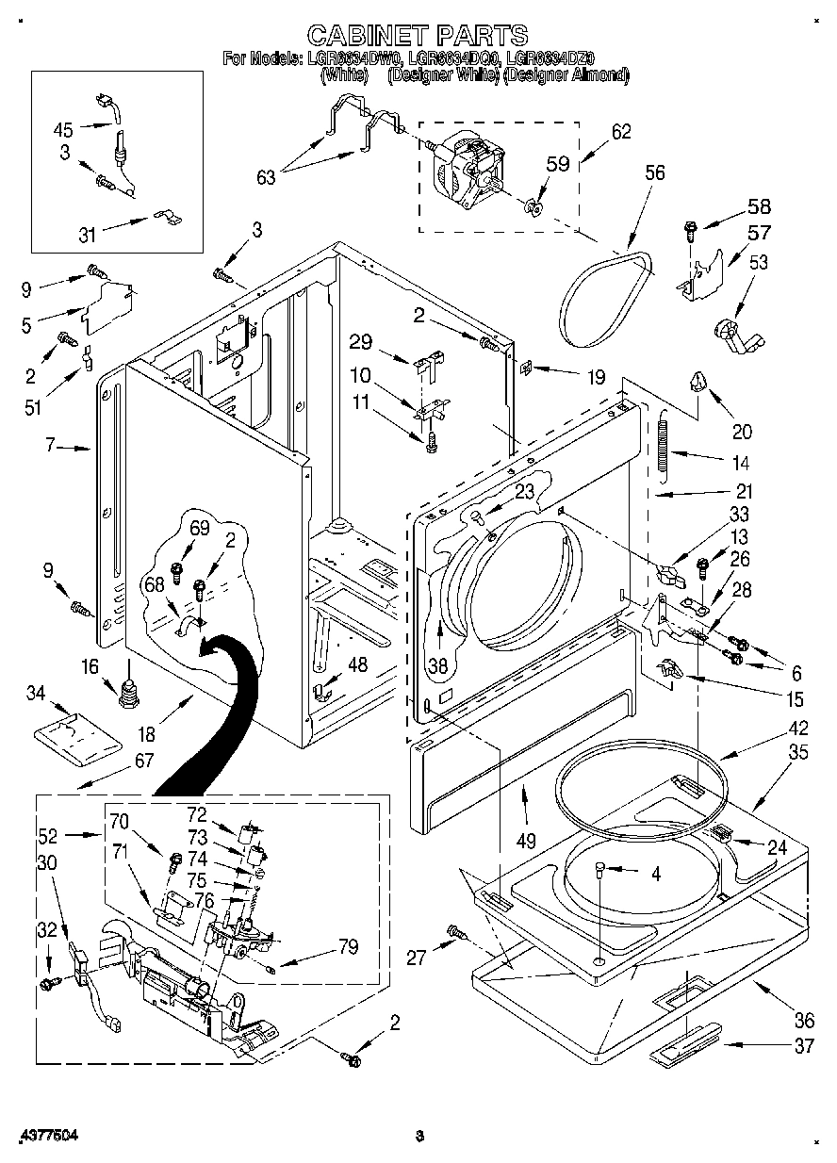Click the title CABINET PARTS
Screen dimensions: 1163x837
tap(418, 36)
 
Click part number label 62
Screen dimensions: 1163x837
tap(621, 132)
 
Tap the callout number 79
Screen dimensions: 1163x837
tap(347, 947)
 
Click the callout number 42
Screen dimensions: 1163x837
tap(772, 728)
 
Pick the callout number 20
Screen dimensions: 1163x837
tap(742, 432)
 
